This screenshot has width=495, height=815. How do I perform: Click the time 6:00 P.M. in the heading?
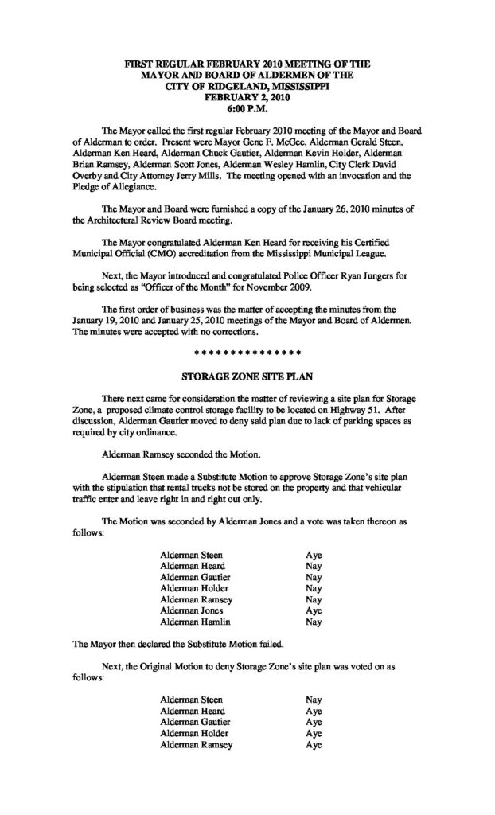[x=247, y=107]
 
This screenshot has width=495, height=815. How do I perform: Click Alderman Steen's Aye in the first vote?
[x=314, y=554]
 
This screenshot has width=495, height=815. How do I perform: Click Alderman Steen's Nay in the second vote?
[x=314, y=699]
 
